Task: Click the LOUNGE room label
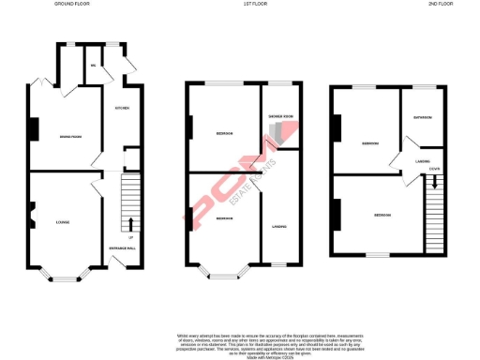[x=63, y=222]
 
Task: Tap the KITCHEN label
[x=122, y=109]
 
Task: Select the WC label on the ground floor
[x=94, y=65]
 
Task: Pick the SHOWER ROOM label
[x=281, y=117]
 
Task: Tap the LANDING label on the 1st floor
[x=279, y=226]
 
